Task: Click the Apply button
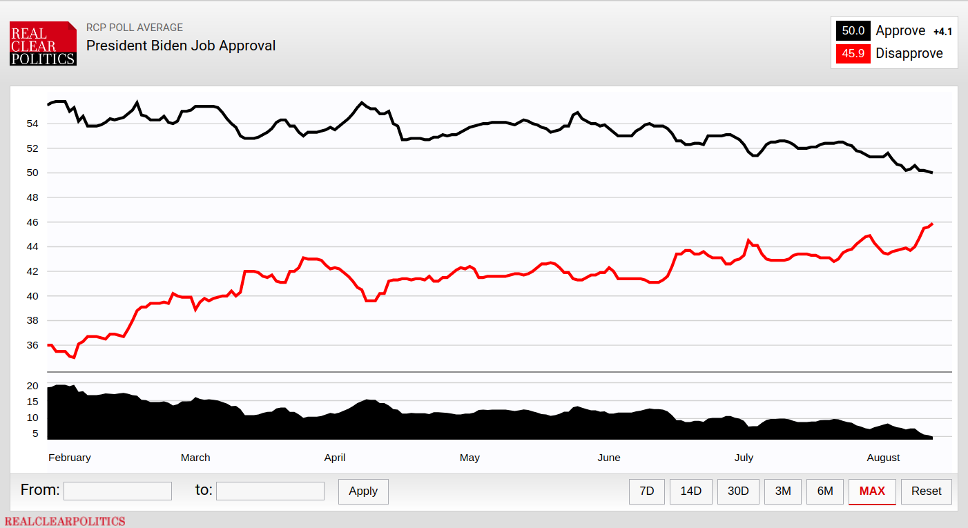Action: (x=363, y=491)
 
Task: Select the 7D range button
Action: (x=646, y=491)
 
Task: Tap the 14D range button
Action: (x=690, y=491)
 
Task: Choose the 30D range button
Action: (x=737, y=491)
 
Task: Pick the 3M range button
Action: (x=782, y=491)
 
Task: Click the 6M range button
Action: (x=824, y=491)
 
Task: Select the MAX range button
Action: (x=872, y=491)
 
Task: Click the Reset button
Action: (x=926, y=491)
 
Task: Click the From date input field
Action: (x=117, y=491)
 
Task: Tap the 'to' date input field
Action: (x=270, y=491)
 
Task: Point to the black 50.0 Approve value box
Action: (x=853, y=30)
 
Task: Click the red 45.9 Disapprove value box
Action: (x=853, y=54)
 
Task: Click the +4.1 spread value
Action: (x=942, y=32)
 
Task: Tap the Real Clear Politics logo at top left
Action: (x=43, y=43)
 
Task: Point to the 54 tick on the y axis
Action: (x=32, y=124)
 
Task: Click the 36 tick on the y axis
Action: (x=32, y=345)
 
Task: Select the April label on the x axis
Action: (x=334, y=458)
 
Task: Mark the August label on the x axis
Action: (x=883, y=458)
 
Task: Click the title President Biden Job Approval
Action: (x=181, y=46)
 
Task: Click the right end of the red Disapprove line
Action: (x=932, y=224)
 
